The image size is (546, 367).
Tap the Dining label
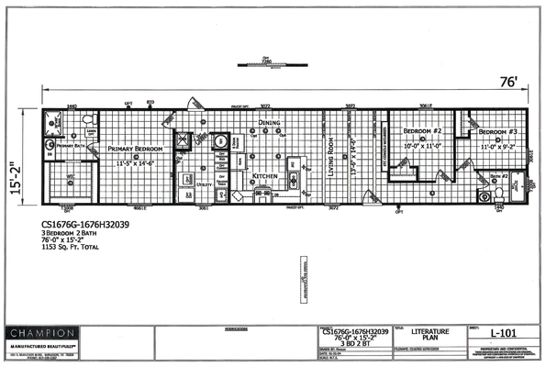pyautogui.click(x=269, y=123)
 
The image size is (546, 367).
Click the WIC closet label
pyautogui.click(x=70, y=176)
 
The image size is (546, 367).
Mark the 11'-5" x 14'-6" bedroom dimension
pyautogui.click(x=139, y=162)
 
